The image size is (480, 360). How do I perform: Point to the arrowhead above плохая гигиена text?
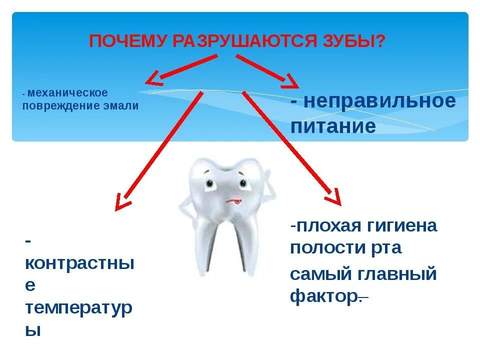click(333, 196)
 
